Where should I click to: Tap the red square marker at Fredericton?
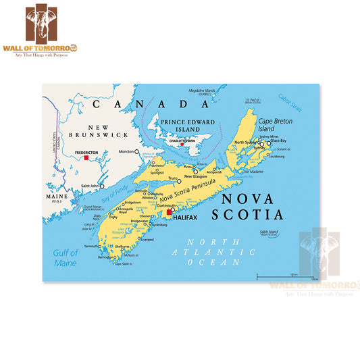86,158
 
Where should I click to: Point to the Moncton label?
126,152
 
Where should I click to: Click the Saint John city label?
90,186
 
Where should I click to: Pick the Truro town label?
173,179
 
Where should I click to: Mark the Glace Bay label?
279,140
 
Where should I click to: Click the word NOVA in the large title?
247,199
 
